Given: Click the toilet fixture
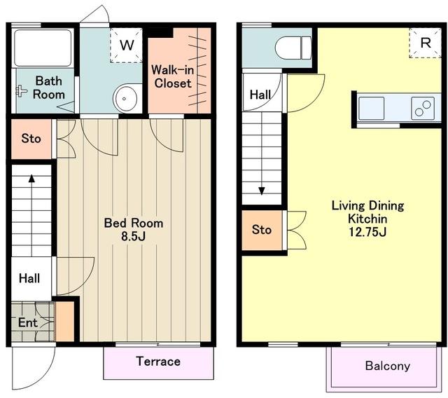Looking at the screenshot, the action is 293,48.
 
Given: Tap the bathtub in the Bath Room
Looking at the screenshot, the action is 43,48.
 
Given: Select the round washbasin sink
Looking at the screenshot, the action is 125,98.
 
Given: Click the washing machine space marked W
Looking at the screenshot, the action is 126,45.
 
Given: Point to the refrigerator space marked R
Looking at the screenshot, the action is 426,43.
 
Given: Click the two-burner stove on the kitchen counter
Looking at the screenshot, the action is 423,108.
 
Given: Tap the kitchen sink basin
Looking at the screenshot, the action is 372,108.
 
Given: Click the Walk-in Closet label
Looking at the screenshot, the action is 173,76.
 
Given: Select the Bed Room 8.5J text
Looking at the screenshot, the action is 134,230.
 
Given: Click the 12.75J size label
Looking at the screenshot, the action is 367,232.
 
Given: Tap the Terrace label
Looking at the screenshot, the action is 158,362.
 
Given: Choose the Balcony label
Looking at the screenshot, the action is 388,366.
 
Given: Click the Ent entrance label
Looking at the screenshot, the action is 28,323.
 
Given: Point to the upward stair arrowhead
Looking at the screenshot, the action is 31,179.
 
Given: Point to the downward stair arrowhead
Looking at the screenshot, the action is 262,191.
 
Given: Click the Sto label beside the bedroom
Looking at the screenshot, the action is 31,139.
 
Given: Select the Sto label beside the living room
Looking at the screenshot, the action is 261,230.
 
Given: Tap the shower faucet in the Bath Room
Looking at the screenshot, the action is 21,91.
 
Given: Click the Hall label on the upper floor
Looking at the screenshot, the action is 260,95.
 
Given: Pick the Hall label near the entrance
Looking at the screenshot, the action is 29,278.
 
